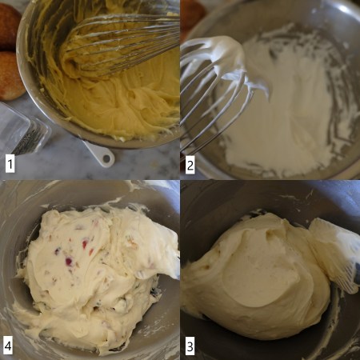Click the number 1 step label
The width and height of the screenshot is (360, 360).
point(10,164)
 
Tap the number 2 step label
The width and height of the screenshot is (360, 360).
point(190,166)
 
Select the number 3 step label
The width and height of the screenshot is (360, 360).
point(190,346)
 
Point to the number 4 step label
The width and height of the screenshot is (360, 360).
point(9,346)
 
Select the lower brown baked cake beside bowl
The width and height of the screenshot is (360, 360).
point(10,76)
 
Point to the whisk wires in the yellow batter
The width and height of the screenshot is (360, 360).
point(120,40)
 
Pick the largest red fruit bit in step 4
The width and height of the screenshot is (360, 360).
point(70,261)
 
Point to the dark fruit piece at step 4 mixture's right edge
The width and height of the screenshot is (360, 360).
point(154,291)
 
